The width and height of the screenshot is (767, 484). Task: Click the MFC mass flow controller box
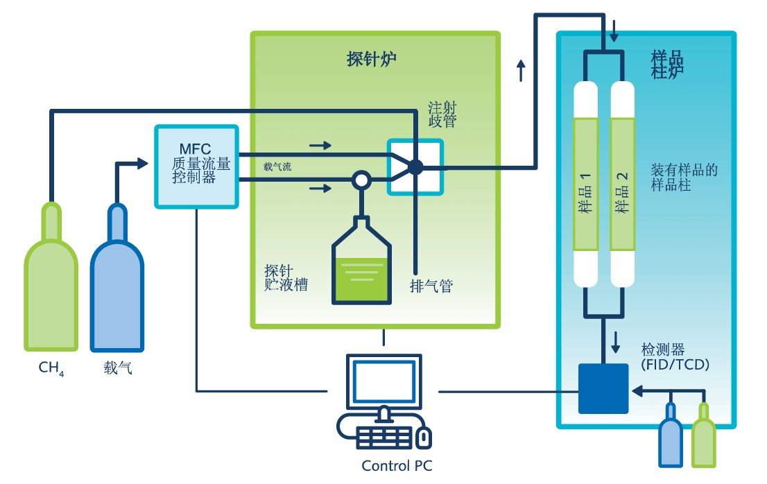click(197, 166)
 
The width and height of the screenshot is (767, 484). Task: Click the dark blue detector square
click(603, 388)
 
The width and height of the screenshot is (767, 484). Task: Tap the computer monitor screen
click(383, 381)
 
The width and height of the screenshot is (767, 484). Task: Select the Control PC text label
click(397, 465)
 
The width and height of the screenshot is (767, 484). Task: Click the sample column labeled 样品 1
click(586, 184)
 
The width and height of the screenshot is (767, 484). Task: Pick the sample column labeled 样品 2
click(622, 184)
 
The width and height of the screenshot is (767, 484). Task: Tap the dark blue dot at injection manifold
click(415, 167)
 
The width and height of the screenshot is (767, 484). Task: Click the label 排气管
click(431, 286)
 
